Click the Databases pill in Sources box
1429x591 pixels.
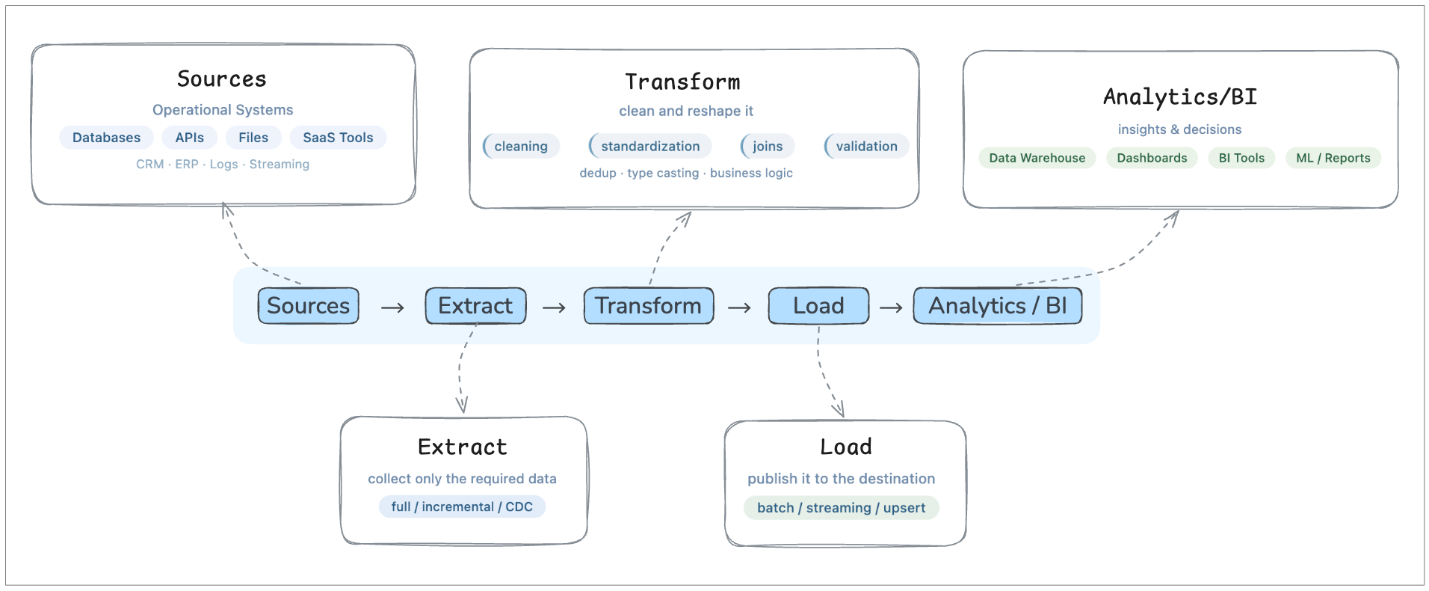[x=106, y=138]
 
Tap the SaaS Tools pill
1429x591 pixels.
[x=338, y=138]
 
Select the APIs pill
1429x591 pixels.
[x=189, y=138]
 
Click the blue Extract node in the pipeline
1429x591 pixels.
[x=475, y=306]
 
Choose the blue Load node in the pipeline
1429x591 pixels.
[x=818, y=306]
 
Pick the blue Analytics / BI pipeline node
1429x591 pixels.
[x=997, y=306]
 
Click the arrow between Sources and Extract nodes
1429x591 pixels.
[x=392, y=307]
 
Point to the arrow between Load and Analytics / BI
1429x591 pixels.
[x=891, y=307]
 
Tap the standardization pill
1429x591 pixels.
[x=650, y=147]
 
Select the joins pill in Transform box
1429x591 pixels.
[x=768, y=147]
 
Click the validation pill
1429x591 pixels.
[x=866, y=147]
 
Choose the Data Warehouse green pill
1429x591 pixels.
[x=1037, y=158]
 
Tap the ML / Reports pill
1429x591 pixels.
[x=1333, y=158]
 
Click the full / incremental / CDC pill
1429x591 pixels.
[x=462, y=506]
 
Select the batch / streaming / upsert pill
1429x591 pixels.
[x=841, y=508]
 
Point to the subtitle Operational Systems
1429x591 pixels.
[x=223, y=110]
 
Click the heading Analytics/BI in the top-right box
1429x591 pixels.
[x=1180, y=97]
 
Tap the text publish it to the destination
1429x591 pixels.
[x=841, y=479]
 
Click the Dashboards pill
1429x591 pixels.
[x=1152, y=158]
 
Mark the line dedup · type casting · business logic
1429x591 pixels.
[x=686, y=173]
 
